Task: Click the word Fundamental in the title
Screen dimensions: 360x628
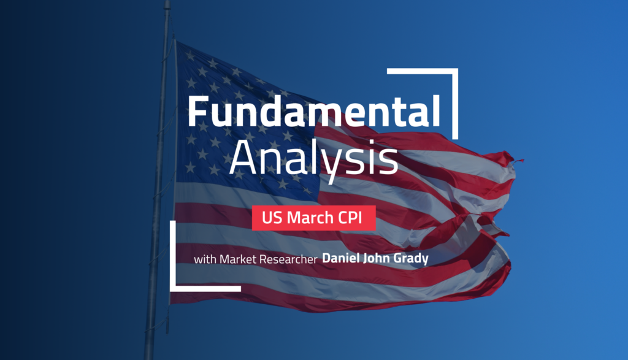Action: [313, 112]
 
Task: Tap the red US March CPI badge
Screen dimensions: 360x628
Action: [314, 217]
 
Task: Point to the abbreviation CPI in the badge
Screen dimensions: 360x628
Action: [354, 217]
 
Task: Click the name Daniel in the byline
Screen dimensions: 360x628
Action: [342, 259]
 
